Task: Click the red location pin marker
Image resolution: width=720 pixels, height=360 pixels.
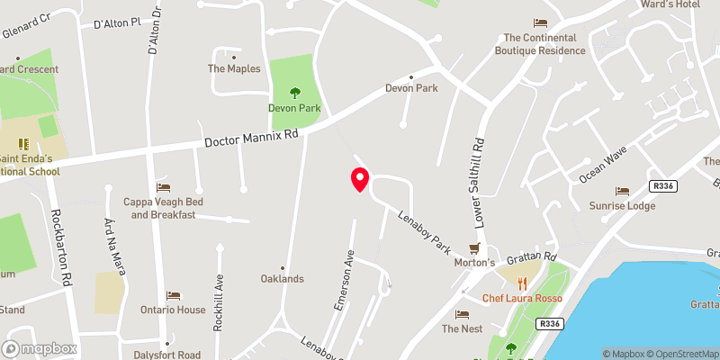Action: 359,179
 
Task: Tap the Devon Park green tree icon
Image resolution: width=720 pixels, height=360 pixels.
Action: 294,92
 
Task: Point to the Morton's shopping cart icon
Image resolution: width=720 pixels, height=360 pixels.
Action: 475,247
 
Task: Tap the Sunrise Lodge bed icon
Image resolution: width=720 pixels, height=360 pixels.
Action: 622,191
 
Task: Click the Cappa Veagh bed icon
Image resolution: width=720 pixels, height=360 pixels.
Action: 163,187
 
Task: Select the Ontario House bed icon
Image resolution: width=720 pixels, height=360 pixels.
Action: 173,295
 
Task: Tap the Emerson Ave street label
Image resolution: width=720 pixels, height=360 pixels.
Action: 342,280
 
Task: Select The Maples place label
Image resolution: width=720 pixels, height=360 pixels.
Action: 234,68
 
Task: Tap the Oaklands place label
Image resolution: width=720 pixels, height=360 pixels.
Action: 282,279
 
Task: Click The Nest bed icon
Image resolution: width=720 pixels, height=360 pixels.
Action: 463,314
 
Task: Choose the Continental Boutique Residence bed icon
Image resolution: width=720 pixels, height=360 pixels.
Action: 540,22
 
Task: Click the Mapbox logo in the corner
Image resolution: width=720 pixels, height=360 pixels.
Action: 40,348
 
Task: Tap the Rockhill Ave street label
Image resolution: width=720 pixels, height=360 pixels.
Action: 217,302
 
